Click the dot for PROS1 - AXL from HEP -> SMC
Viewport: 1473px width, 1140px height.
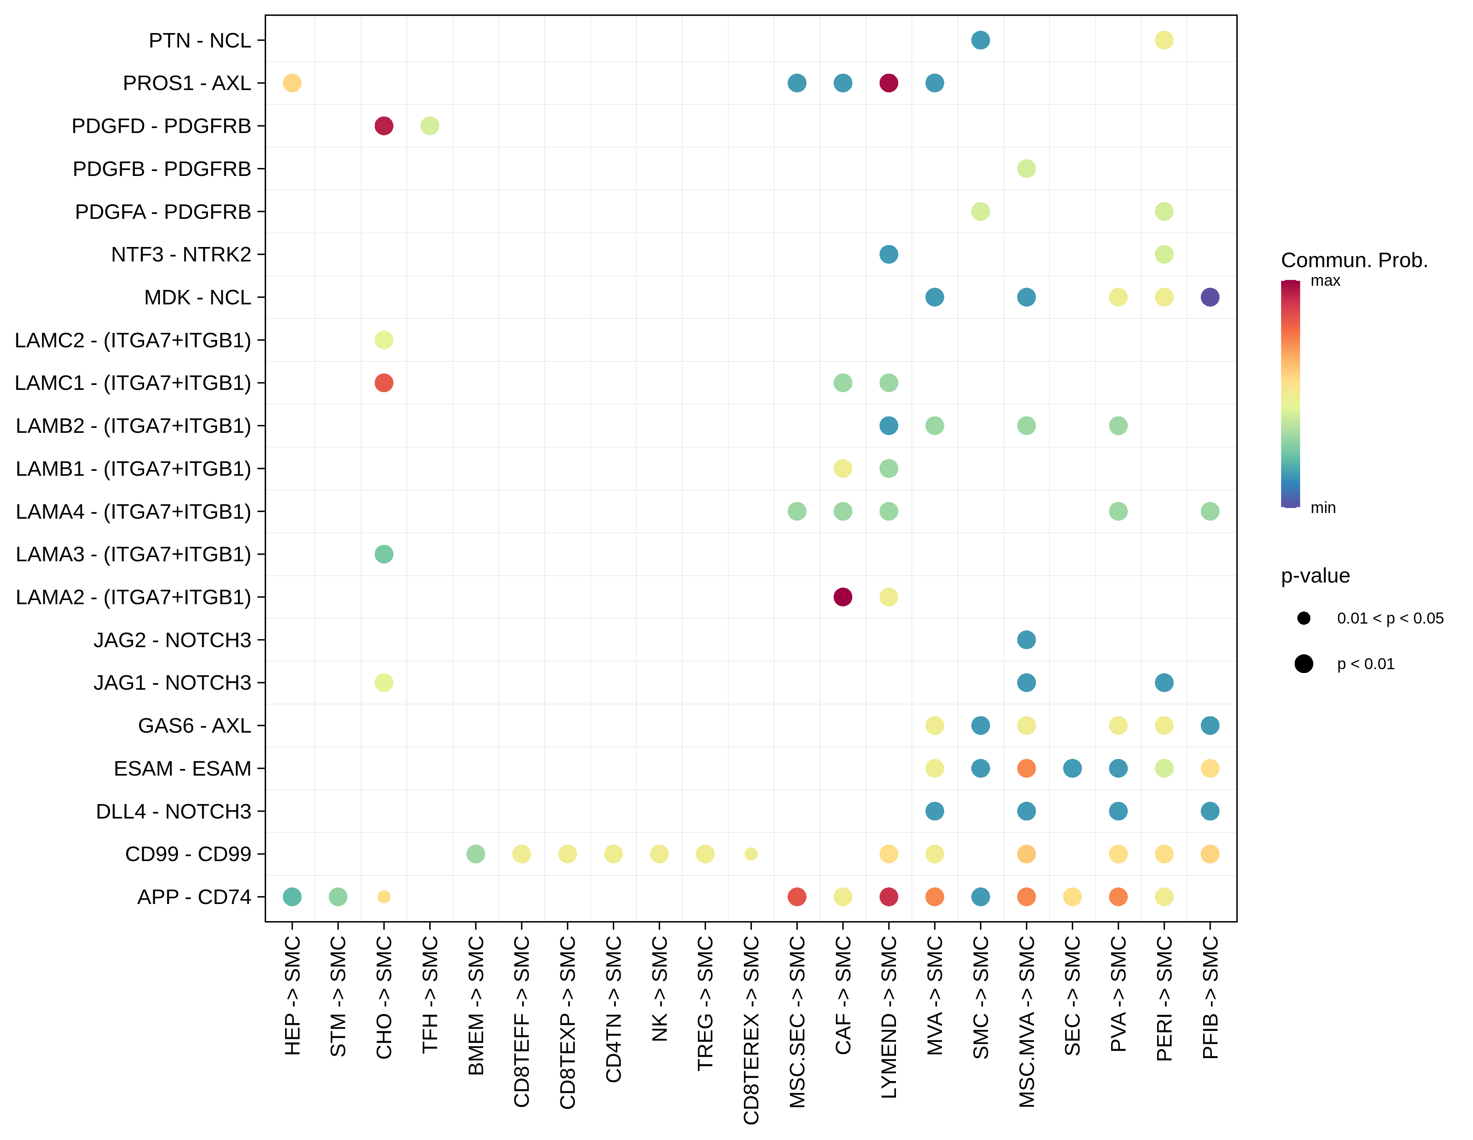[x=292, y=83]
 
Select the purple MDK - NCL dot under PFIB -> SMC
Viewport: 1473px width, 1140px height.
[x=1210, y=297]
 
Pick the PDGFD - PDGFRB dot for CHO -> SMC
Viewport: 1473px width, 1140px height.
[x=384, y=126]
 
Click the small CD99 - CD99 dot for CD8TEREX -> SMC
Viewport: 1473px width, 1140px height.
[x=751, y=854]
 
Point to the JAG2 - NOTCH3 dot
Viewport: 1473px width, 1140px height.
[x=1026, y=640]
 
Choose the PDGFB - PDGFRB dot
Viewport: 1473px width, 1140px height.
[x=1026, y=169]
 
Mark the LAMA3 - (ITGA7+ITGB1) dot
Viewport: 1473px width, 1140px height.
[x=384, y=554]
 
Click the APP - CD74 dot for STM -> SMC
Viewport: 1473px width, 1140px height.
[x=338, y=897]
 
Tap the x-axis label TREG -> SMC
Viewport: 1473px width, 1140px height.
[x=705, y=1004]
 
